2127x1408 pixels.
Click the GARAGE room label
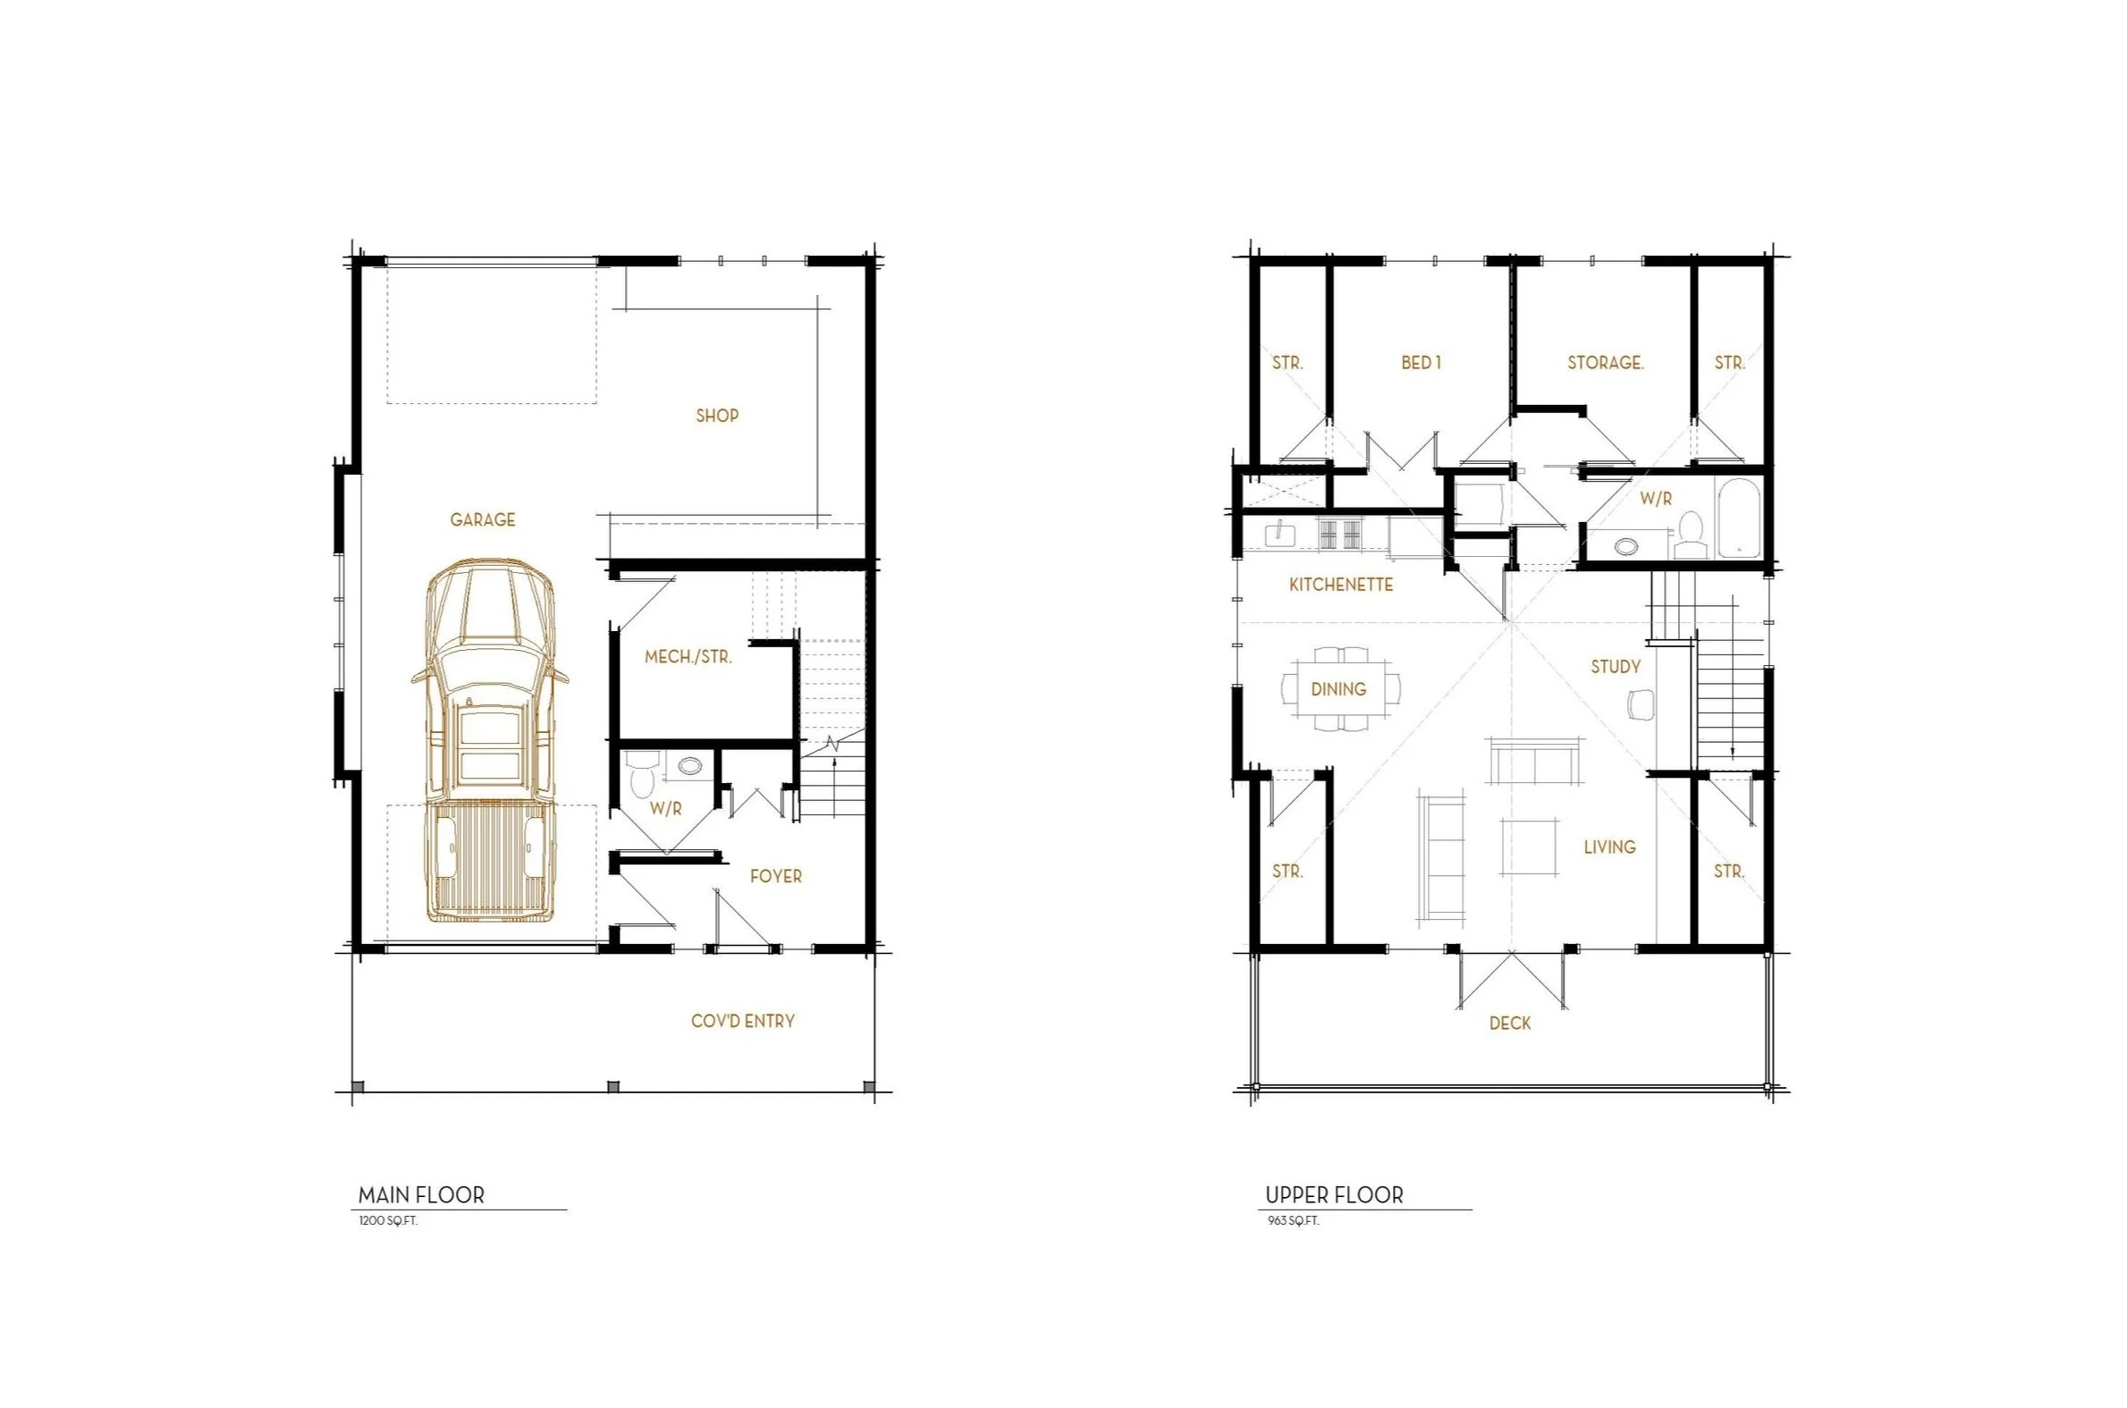(x=482, y=520)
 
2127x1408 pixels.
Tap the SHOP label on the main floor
(x=716, y=416)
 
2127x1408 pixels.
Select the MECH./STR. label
(x=688, y=657)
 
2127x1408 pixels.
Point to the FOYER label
(x=776, y=876)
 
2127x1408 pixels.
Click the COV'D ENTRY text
(x=742, y=1021)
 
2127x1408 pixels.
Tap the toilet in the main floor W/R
(x=641, y=776)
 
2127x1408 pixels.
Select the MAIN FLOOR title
(x=421, y=1195)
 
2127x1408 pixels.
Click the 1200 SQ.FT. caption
(x=388, y=1221)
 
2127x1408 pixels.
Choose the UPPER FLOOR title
(x=1333, y=1195)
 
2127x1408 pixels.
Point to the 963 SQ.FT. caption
(x=1293, y=1221)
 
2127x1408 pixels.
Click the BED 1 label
(x=1421, y=363)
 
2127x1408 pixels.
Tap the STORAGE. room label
(x=1606, y=363)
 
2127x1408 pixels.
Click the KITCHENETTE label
(x=1340, y=585)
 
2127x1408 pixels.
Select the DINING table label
(x=1338, y=689)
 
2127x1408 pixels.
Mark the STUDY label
(x=1616, y=666)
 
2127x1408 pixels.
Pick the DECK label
(x=1509, y=1023)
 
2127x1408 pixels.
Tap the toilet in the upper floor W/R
(x=1690, y=535)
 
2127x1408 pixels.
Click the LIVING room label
(x=1609, y=847)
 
